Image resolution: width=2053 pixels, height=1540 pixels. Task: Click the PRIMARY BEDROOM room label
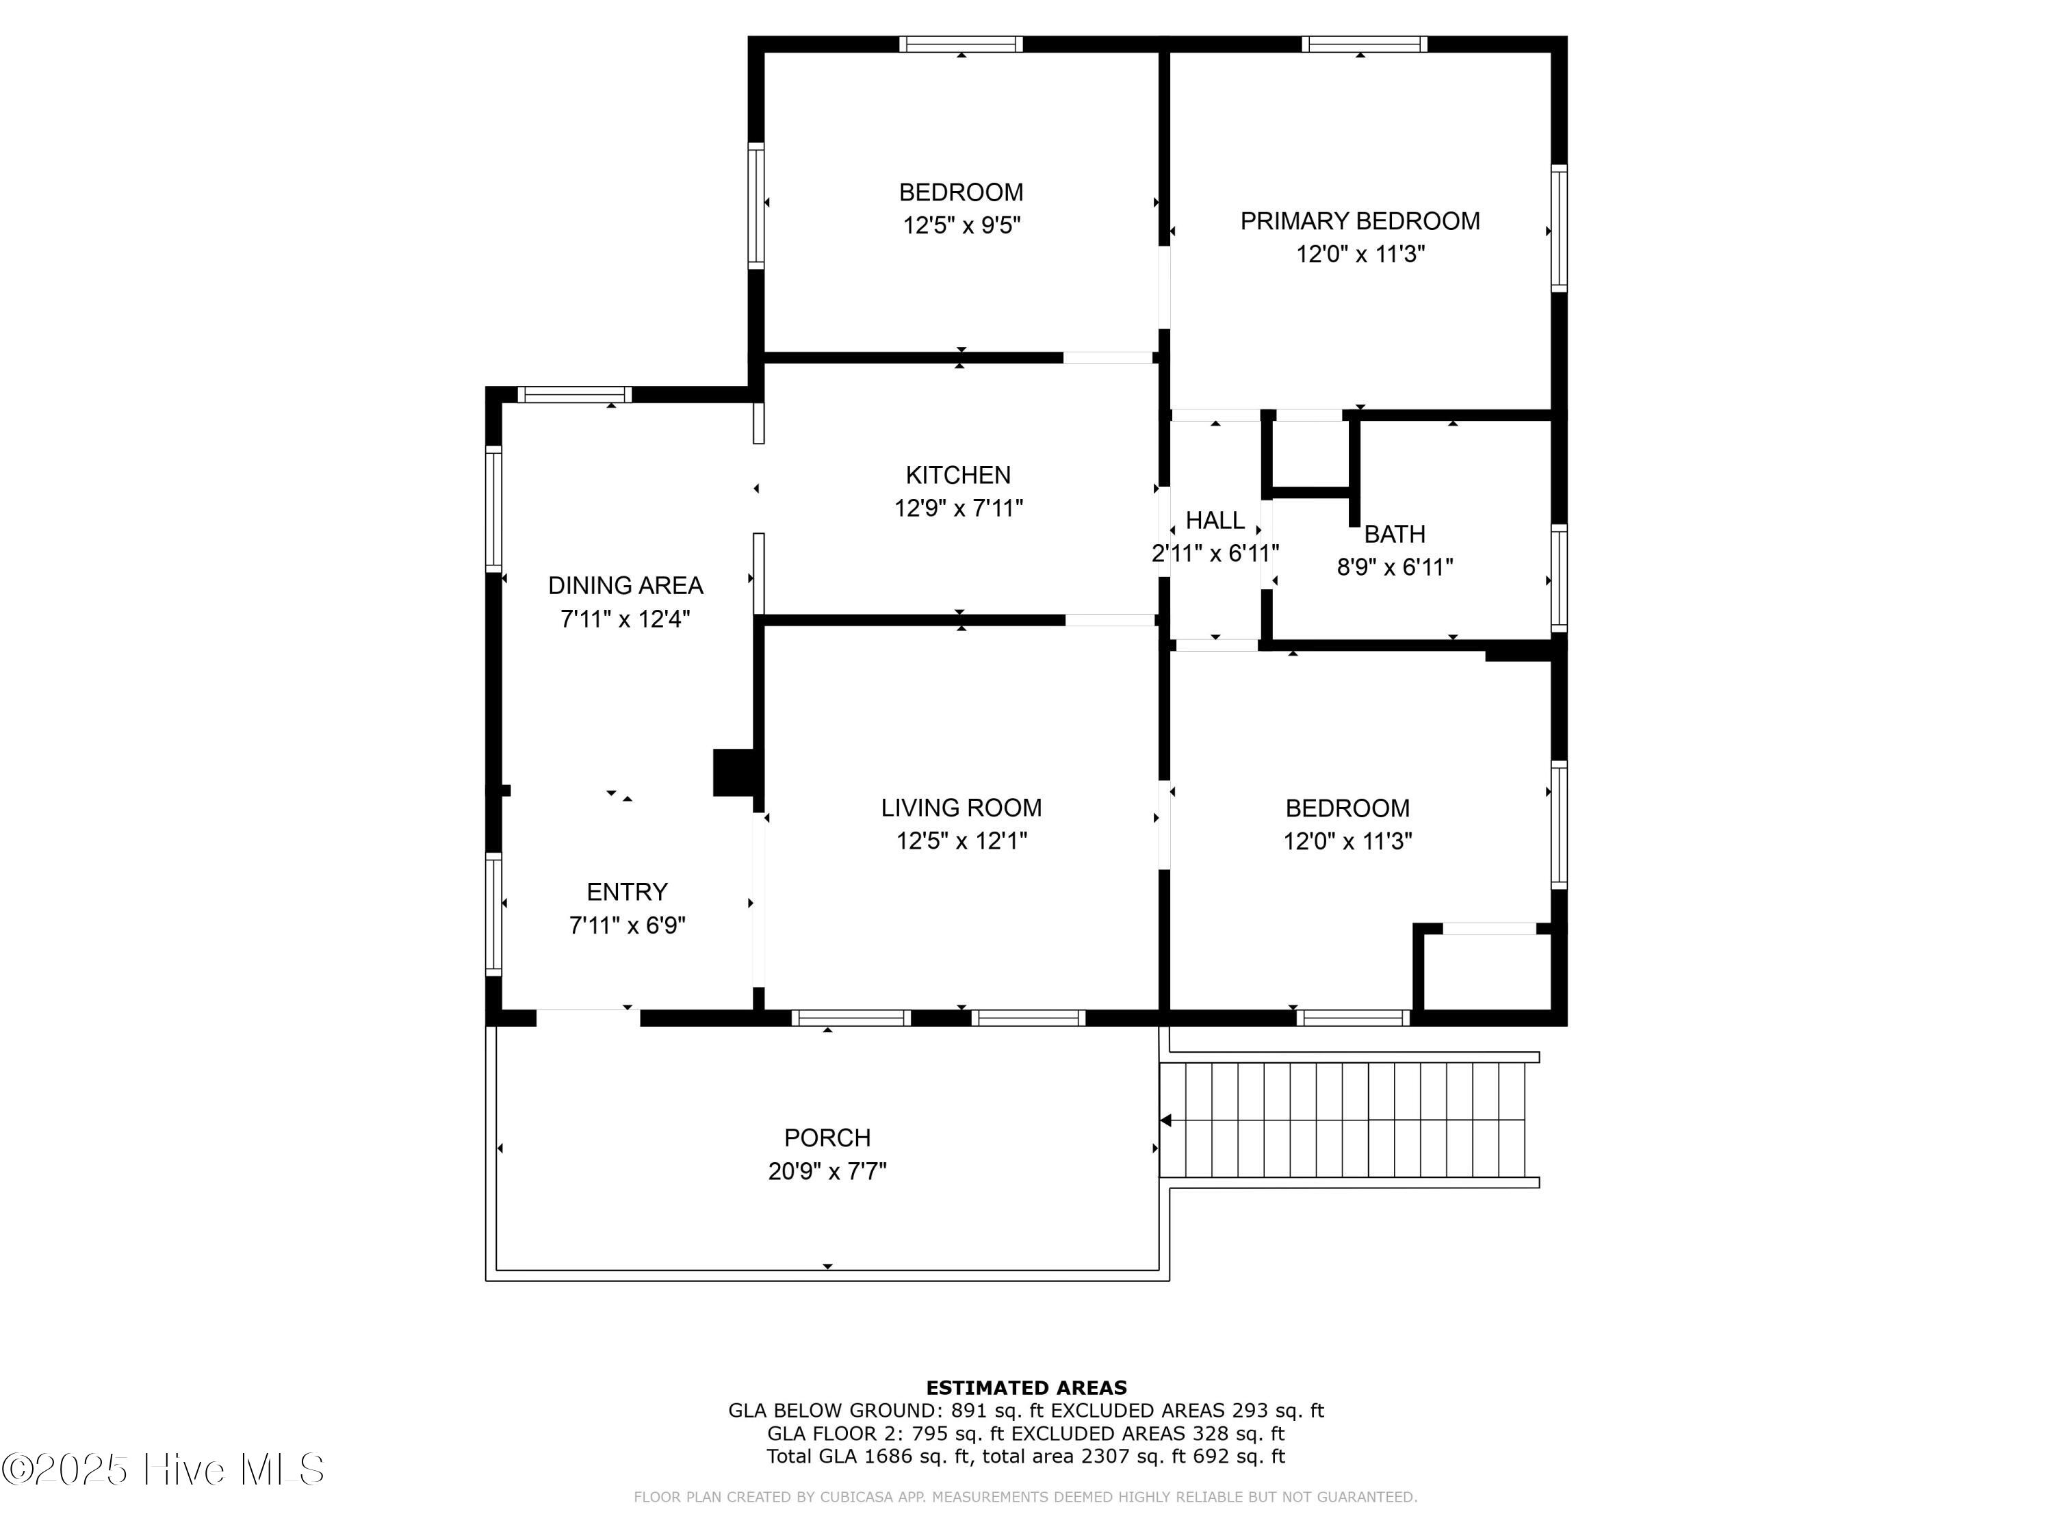pos(1360,221)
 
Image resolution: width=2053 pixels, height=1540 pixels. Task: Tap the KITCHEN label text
pos(958,475)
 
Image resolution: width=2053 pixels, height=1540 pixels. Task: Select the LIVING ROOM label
pos(961,808)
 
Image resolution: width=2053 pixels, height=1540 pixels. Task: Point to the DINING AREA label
pos(625,586)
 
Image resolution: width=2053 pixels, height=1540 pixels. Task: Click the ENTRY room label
pos(628,892)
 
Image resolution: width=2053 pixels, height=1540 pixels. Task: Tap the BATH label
pos(1394,534)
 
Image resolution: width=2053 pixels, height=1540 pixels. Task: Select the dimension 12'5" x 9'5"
pos(961,226)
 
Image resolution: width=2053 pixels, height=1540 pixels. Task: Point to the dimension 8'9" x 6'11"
pos(1394,567)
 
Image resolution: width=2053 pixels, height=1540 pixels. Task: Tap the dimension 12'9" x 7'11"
pos(958,509)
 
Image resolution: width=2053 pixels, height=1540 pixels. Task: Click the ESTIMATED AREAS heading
pos(1026,1388)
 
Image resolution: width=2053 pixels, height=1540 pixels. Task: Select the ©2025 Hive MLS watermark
pos(164,1470)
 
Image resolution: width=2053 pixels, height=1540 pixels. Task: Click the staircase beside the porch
pos(1350,1120)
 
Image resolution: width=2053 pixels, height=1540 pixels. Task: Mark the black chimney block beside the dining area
pos(733,772)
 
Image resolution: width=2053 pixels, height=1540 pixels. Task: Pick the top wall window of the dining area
pos(575,394)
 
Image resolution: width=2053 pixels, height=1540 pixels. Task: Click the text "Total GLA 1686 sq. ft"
pos(870,1456)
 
